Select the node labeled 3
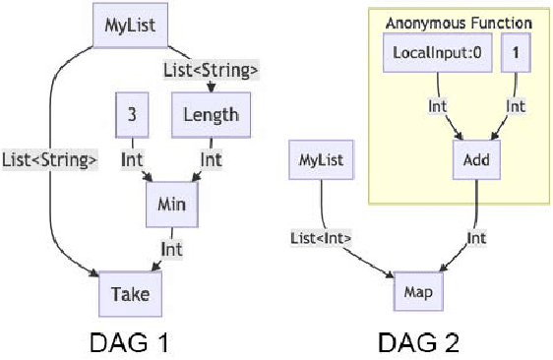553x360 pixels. coord(131,114)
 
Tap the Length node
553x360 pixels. coord(211,114)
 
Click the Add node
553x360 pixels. coord(477,157)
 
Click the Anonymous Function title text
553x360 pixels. coord(458,22)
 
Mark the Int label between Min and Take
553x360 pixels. coord(172,249)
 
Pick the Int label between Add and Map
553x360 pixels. coord(477,236)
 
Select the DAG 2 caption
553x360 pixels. coord(419,343)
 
